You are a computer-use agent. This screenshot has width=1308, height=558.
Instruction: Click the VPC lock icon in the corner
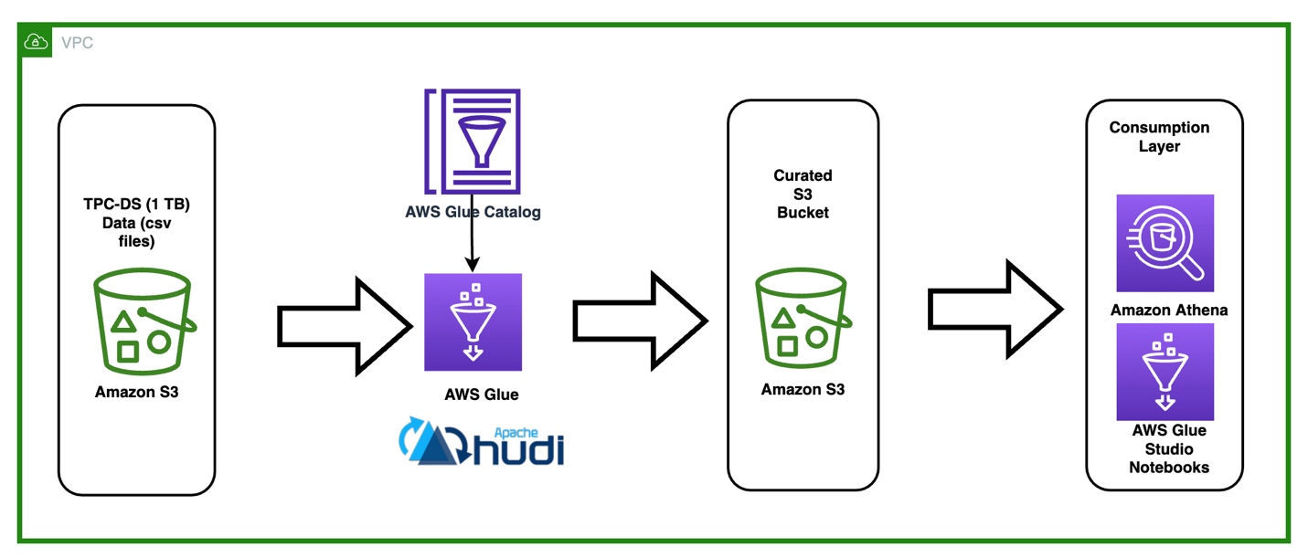35,41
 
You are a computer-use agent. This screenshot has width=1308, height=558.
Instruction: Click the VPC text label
77,43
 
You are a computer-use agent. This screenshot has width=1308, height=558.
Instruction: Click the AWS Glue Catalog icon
473,142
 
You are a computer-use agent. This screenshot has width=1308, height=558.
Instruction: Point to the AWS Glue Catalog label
473,212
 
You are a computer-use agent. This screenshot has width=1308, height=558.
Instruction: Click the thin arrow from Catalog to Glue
472,242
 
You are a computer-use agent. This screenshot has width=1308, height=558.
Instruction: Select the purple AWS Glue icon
473,322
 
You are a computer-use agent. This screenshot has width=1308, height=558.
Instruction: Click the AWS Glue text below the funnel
481,395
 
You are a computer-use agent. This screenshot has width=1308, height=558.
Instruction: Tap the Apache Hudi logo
482,443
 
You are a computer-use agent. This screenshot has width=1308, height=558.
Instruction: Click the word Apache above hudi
516,431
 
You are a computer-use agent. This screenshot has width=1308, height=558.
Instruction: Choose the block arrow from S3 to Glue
345,323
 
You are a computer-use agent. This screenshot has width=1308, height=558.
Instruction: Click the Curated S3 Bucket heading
803,194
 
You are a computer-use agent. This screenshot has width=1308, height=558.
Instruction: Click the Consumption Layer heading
1159,137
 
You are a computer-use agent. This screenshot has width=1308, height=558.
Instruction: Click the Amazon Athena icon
1164,243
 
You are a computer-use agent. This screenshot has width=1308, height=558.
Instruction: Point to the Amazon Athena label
1168,311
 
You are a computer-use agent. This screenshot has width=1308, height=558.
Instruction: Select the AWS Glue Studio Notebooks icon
1164,372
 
